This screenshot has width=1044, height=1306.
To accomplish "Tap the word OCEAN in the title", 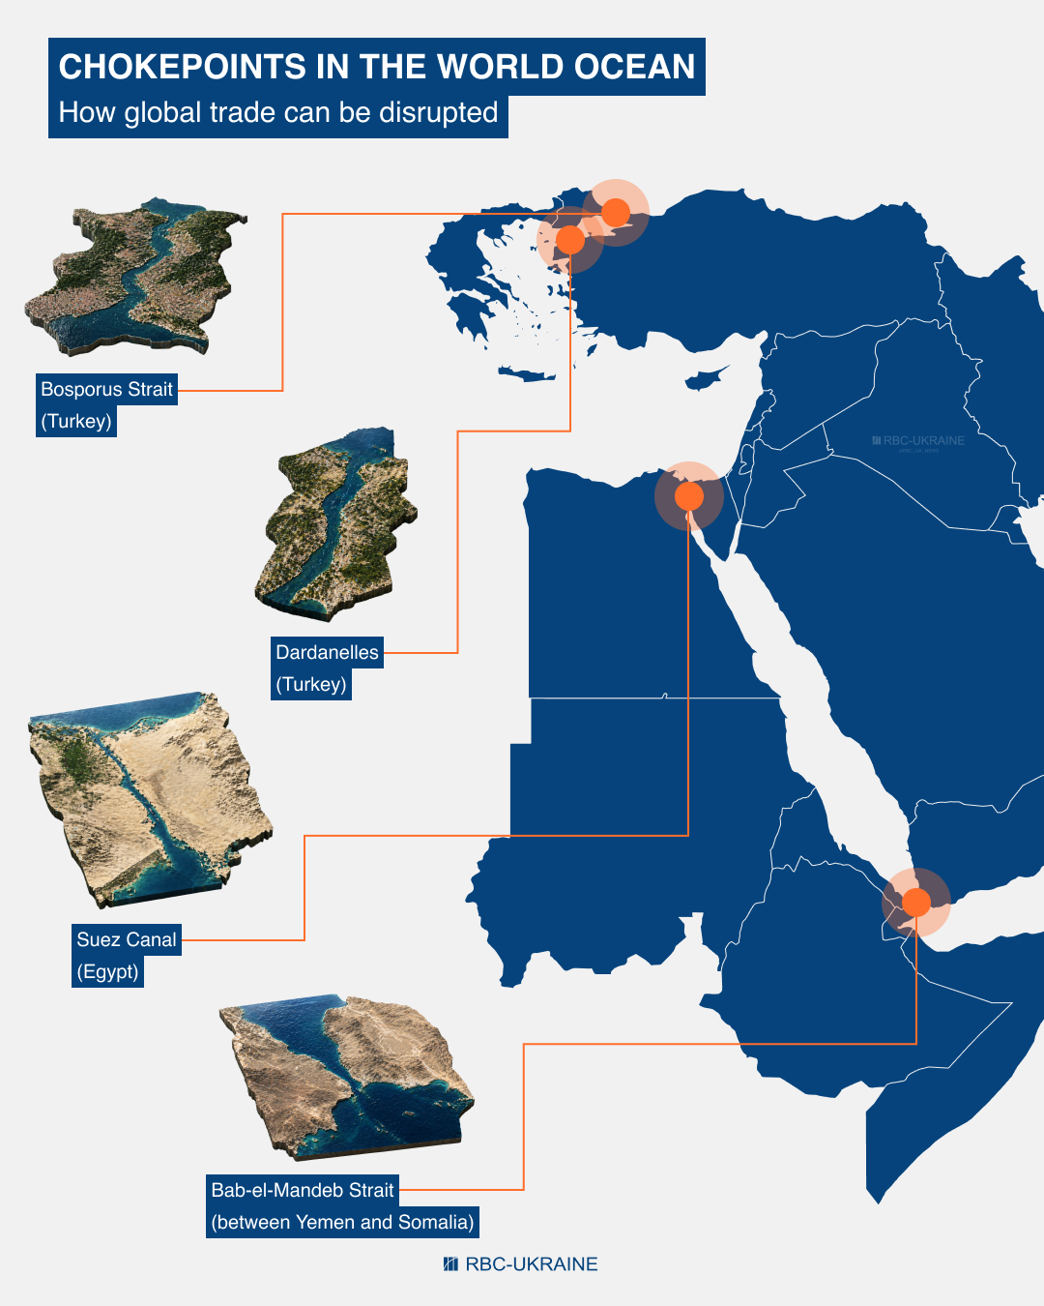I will click(634, 67).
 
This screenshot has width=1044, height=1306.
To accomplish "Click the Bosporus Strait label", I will click(106, 390).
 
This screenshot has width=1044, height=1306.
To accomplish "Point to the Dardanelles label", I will click(327, 653).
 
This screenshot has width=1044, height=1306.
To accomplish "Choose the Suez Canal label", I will click(127, 940).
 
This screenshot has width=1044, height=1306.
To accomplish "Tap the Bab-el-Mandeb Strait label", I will click(303, 1191).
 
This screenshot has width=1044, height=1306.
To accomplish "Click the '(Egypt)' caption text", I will click(108, 972).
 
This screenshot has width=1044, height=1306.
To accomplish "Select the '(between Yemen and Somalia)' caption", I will click(343, 1223).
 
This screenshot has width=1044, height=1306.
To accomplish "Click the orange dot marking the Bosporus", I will click(616, 212).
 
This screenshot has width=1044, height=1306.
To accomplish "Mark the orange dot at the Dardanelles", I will click(570, 239).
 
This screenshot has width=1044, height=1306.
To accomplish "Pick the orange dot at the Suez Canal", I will click(689, 496).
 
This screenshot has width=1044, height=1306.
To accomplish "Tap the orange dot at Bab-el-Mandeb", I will click(916, 903).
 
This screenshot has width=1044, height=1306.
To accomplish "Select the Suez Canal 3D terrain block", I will click(145, 798).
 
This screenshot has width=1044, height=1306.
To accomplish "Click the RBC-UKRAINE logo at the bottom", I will click(521, 1264).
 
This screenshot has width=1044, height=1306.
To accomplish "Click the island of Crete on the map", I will click(527, 374).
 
